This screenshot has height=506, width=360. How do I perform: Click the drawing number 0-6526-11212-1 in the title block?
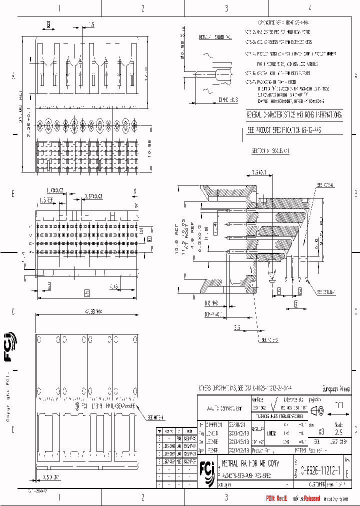coord(320,470)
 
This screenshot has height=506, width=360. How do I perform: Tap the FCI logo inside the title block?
coord(205,470)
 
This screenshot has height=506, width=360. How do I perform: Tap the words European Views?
coord(335,389)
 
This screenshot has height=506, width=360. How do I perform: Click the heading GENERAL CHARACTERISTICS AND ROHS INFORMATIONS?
coord(293,115)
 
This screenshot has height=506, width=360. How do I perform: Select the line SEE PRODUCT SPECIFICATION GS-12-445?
coord(284,129)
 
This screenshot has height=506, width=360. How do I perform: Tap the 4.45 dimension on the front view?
coord(113,286)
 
